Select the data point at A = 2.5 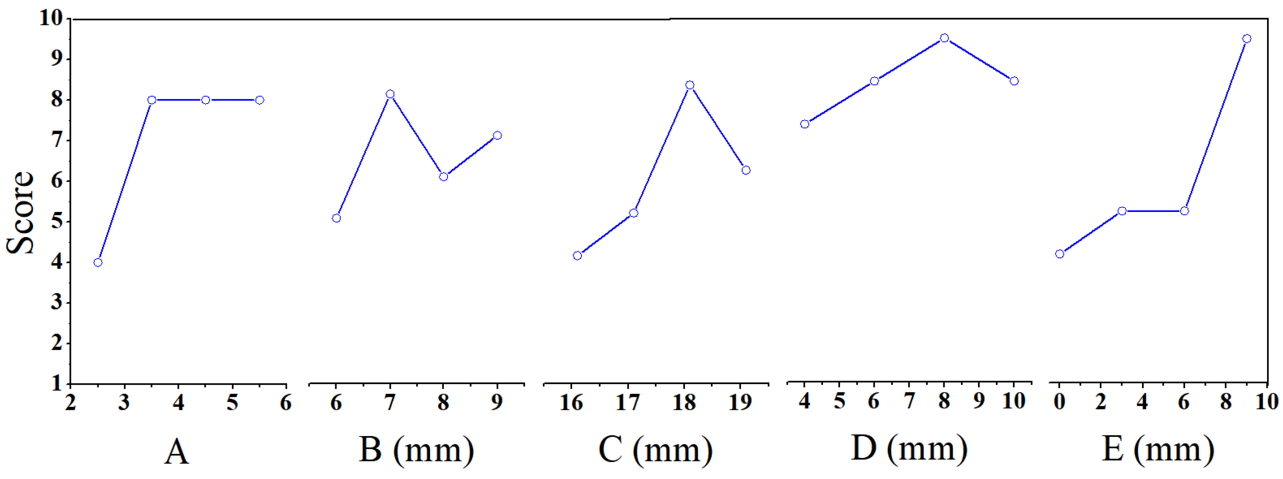pos(98,262)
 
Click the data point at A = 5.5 pos(259,100)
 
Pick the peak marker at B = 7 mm pos(390,94)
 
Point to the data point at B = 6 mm pos(336,218)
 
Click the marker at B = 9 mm pos(497,135)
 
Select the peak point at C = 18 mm pos(690,85)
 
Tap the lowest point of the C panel pos(577,256)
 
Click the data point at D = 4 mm pos(805,124)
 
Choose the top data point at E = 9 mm pos(1247,38)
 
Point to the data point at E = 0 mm pos(1059,254)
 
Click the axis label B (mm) pos(416,450)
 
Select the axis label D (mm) pos(910,449)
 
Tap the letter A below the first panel pos(177,452)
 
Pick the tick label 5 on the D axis pos(840,401)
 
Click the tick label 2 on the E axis pos(1101,401)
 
